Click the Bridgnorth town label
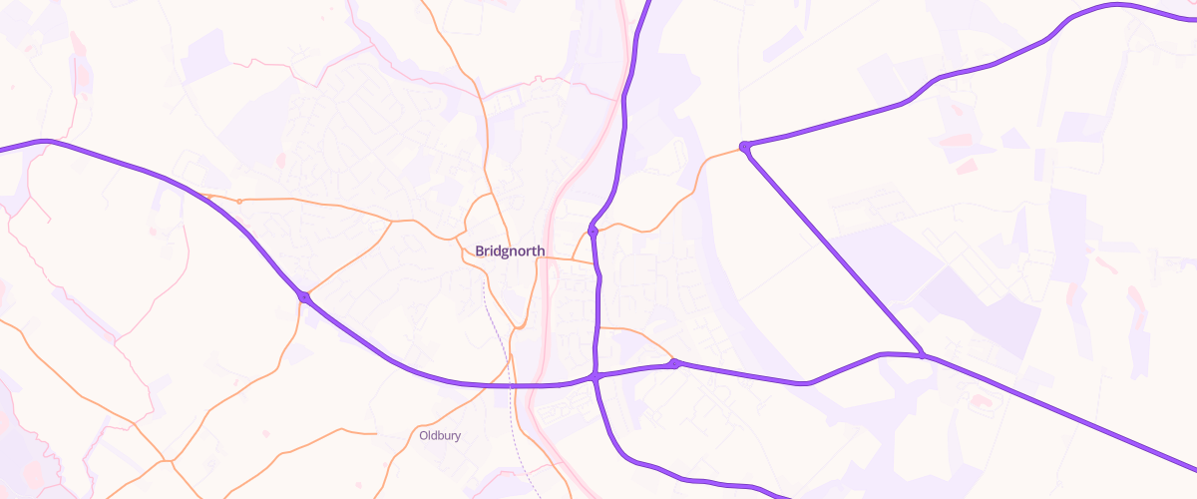[511, 251]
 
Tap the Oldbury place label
[440, 436]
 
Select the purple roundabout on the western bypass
[304, 296]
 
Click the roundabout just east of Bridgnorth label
[593, 231]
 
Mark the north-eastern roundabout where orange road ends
[744, 148]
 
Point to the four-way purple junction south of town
[595, 378]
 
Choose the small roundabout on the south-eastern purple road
[675, 364]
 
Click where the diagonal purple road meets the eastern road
[924, 355]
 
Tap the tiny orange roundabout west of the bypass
[239, 201]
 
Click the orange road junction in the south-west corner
[170, 460]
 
